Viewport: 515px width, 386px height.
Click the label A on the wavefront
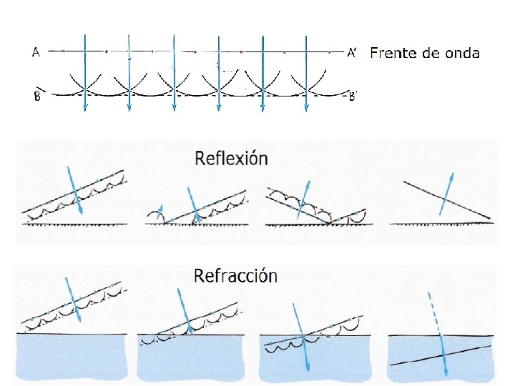pos(36,51)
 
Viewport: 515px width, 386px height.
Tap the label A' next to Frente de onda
pos(352,52)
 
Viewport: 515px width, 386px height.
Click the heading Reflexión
pos(231,158)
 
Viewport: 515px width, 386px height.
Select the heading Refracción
pos(235,275)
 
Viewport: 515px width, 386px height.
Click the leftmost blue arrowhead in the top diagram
pos(85,107)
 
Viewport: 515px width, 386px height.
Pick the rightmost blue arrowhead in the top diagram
pos(306,107)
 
